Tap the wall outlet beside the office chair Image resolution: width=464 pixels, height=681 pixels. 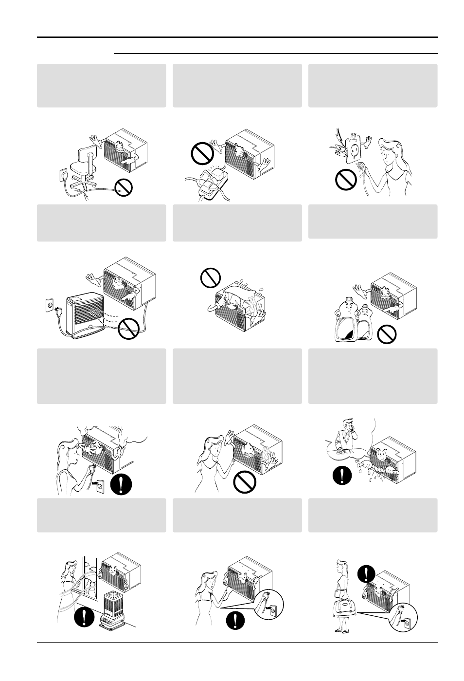tap(62, 174)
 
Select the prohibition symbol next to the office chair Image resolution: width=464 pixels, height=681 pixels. tap(123, 187)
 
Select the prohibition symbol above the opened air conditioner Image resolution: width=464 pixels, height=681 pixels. tap(210, 278)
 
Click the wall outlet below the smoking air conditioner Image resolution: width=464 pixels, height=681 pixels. tap(101, 487)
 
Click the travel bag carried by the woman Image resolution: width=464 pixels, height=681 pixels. tap(344, 607)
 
